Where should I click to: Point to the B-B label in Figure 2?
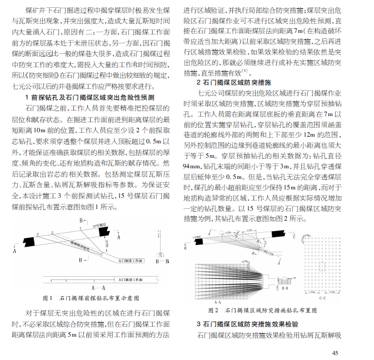(x=285, y=289)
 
